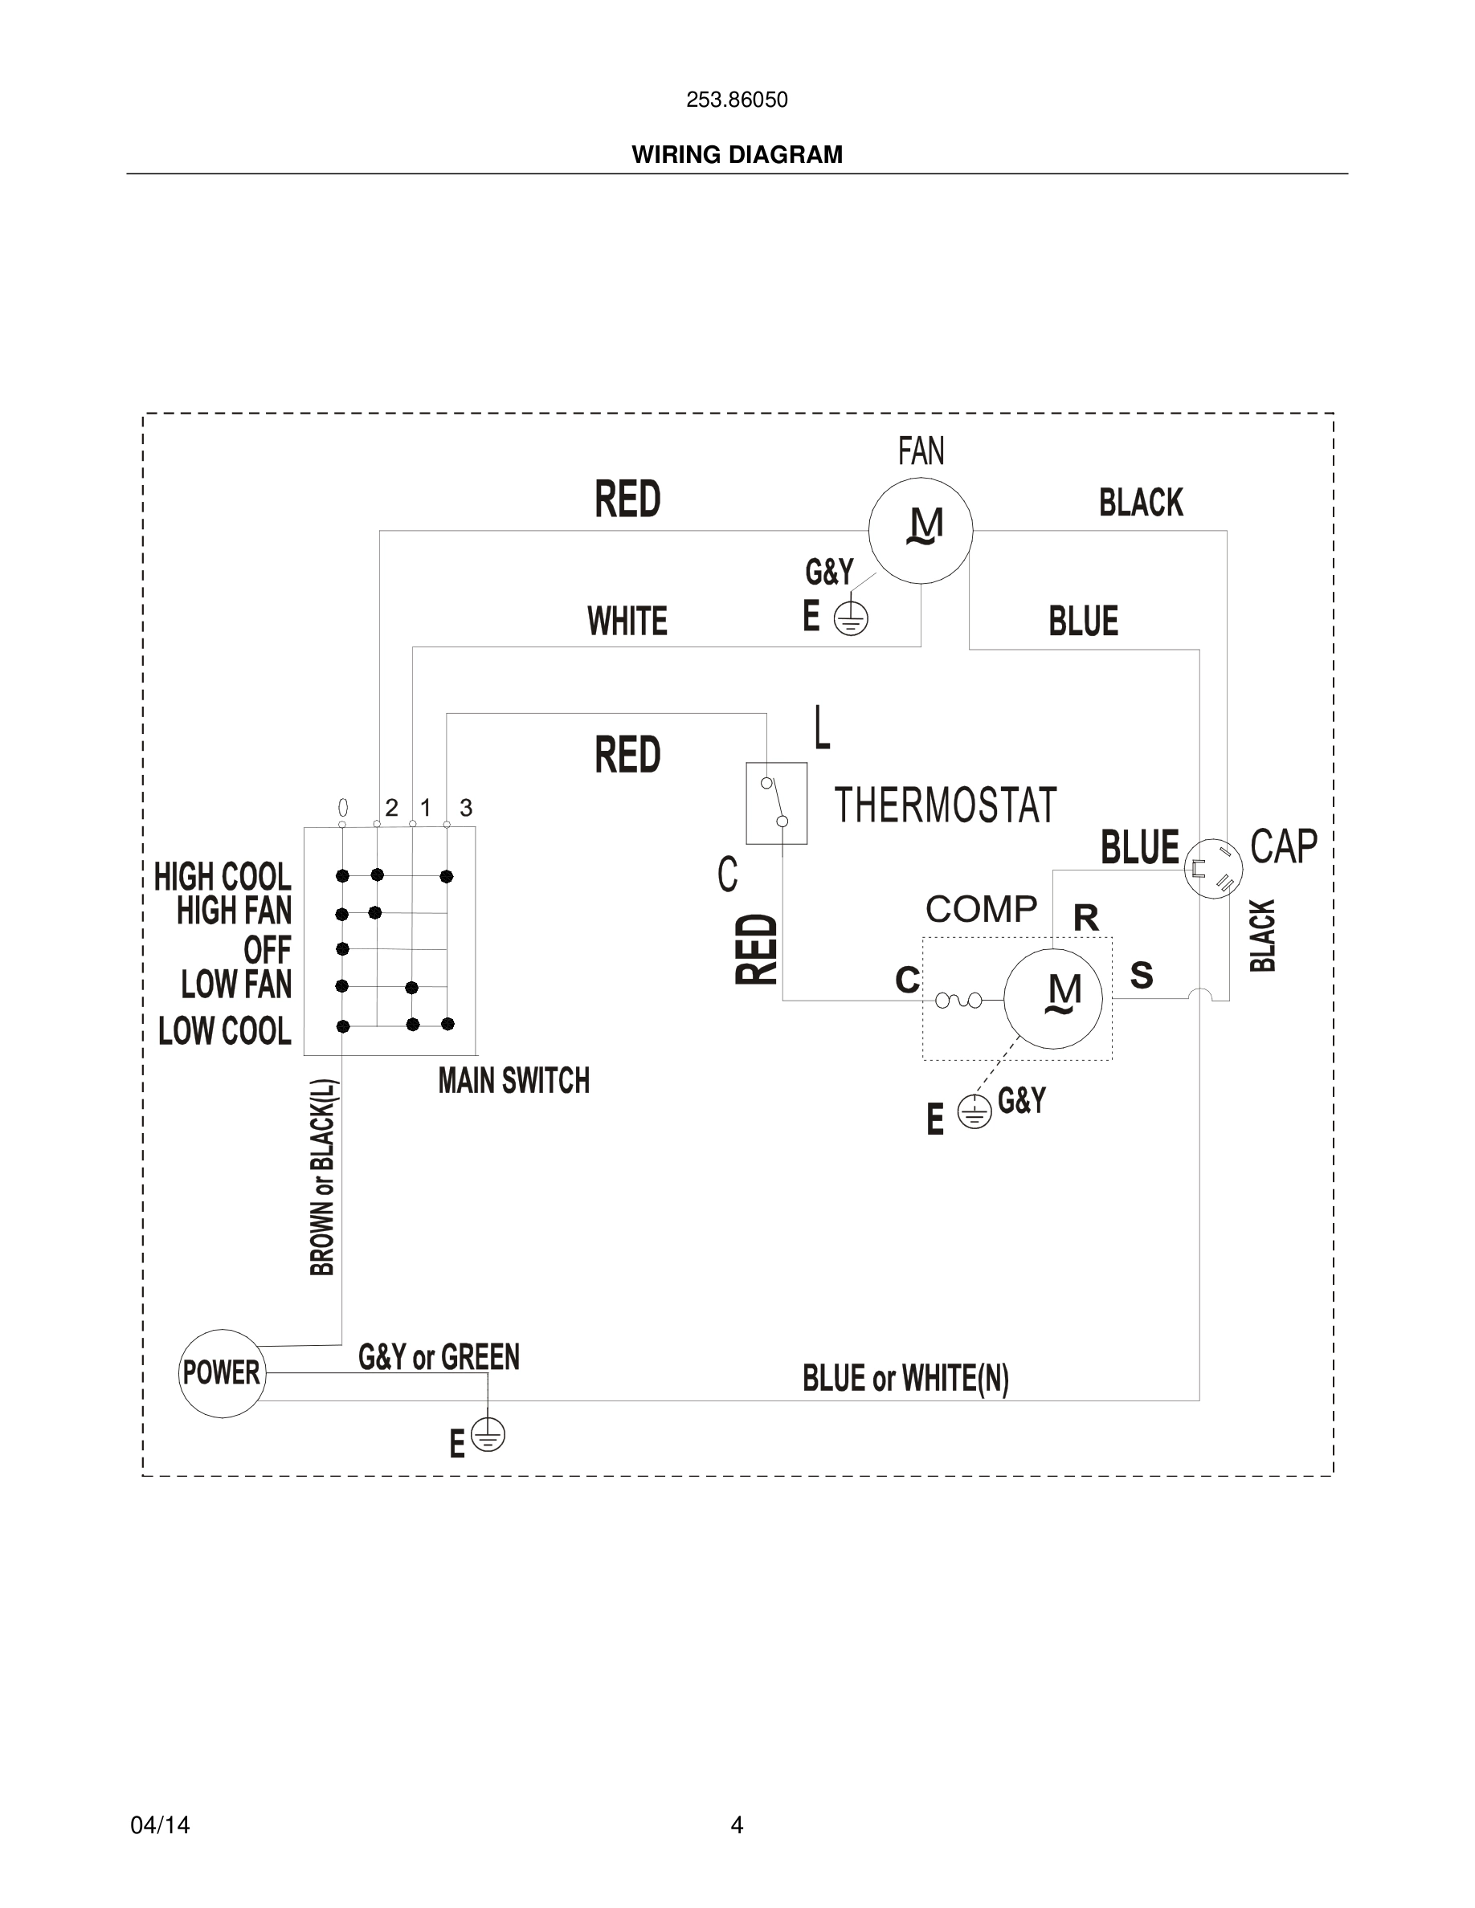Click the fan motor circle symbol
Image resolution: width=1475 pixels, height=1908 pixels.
pos(920,530)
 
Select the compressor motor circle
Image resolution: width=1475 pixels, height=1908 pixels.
pos(1053,998)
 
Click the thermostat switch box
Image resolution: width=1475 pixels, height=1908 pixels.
pos(776,803)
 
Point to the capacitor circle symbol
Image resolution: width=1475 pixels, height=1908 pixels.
pos(1214,867)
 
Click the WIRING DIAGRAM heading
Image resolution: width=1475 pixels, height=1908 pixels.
pos(737,155)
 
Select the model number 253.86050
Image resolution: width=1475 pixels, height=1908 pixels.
pos(737,100)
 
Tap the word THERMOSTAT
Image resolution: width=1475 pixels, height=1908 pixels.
pos(945,805)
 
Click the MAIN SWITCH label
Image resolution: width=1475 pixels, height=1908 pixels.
pos(514,1082)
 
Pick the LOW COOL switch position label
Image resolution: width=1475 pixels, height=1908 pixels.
pos(225,1031)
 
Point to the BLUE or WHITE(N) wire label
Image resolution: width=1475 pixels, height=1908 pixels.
pos(905,1378)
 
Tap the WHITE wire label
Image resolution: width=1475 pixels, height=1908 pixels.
pos(627,622)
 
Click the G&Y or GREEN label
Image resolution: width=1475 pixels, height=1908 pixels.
pos(439,1357)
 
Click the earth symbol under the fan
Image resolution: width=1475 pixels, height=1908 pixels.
pos(850,619)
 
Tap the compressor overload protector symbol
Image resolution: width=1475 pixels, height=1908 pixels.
pos(958,1001)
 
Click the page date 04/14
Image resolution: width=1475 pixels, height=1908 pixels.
pos(160,1825)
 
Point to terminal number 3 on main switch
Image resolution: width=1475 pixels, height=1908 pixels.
pos(466,808)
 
